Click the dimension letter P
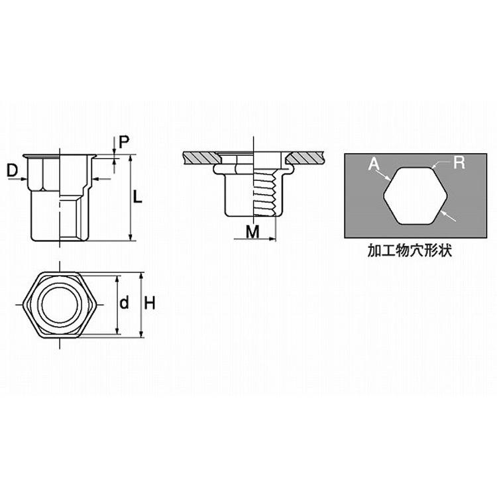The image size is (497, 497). [x=124, y=142]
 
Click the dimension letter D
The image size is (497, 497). [x=13, y=171]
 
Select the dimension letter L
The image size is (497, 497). [x=137, y=197]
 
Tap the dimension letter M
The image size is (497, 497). [x=252, y=232]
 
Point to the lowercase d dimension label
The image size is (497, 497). [x=125, y=302]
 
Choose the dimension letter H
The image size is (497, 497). [x=150, y=304]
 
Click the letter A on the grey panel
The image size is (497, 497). [x=374, y=164]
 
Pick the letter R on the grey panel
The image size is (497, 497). [x=459, y=162]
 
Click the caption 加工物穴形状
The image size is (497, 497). [x=410, y=250]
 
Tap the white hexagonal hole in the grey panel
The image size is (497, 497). [x=415, y=196]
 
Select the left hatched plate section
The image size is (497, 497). [x=201, y=158]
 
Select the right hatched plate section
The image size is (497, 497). [x=305, y=158]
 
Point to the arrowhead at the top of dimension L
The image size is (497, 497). [x=131, y=158]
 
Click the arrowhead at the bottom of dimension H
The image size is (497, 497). [x=142, y=334]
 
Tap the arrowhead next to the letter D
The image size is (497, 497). [x=23, y=180]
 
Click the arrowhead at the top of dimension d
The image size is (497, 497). [x=117, y=279]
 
